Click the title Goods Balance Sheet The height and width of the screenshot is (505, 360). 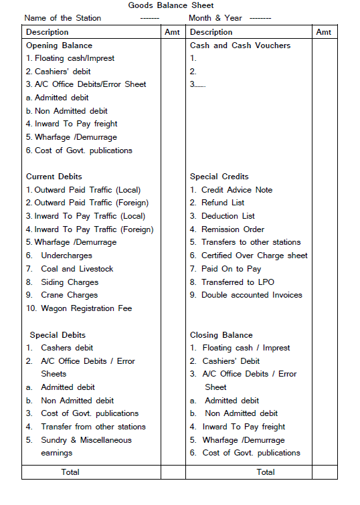click(x=171, y=5)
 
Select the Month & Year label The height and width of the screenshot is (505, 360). click(x=215, y=18)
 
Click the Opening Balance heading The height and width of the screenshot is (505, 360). click(x=59, y=45)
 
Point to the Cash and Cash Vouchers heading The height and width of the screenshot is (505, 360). click(x=240, y=45)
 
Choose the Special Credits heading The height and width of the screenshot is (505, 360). click(x=219, y=177)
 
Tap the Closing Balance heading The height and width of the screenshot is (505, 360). click(x=221, y=334)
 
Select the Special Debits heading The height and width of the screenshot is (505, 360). click(x=58, y=334)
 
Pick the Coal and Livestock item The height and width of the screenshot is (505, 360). click(x=77, y=269)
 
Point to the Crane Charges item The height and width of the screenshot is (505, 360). click(x=70, y=295)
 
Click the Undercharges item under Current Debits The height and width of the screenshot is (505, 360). click(x=66, y=256)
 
